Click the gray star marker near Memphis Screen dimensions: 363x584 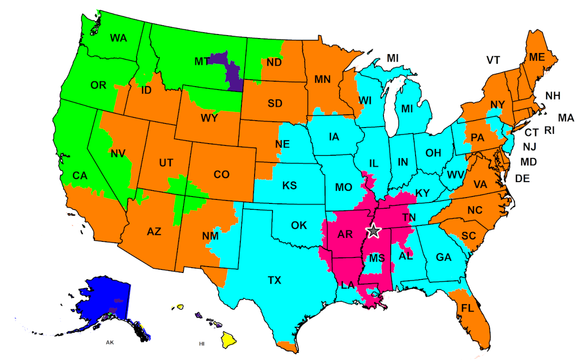[x=373, y=231]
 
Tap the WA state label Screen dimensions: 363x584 [x=118, y=38]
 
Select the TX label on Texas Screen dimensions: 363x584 [x=274, y=280]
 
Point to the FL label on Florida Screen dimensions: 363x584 [x=467, y=308]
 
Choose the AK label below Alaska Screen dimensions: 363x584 [x=110, y=343]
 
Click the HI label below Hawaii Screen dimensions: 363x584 [x=202, y=344]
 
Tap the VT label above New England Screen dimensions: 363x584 [x=493, y=60]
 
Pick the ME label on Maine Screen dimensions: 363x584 [x=537, y=57]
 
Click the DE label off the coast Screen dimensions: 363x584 [x=522, y=179]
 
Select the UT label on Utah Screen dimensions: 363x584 [x=166, y=163]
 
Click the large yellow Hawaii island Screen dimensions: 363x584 [x=229, y=339]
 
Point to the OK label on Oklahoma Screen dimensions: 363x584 [x=299, y=225]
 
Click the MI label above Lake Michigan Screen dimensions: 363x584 [x=393, y=58]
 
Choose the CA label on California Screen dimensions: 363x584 [x=80, y=175]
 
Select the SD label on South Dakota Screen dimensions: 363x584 [x=275, y=103]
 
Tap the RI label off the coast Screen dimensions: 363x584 [x=549, y=130]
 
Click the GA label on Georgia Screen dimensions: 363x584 [x=443, y=257]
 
